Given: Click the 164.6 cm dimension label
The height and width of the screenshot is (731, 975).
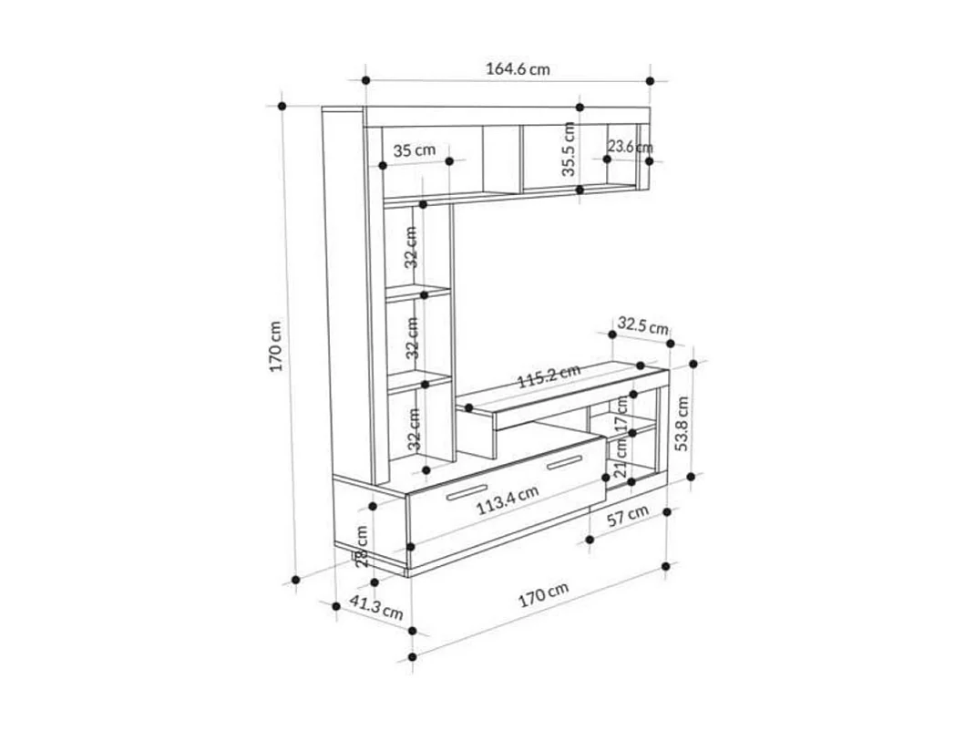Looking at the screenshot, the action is (518, 69).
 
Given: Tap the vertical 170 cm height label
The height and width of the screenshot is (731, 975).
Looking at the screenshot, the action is (277, 345).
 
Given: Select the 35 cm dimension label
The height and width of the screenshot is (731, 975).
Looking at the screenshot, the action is (414, 150).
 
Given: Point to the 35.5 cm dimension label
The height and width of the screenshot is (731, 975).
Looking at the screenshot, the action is (569, 149).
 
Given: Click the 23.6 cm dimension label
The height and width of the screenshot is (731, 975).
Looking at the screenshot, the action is (630, 147).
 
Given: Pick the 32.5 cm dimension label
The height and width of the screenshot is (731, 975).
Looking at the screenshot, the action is (643, 325).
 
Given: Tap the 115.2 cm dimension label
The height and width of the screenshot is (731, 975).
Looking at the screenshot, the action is (549, 376).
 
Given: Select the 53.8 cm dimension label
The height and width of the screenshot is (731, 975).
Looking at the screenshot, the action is (682, 423).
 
